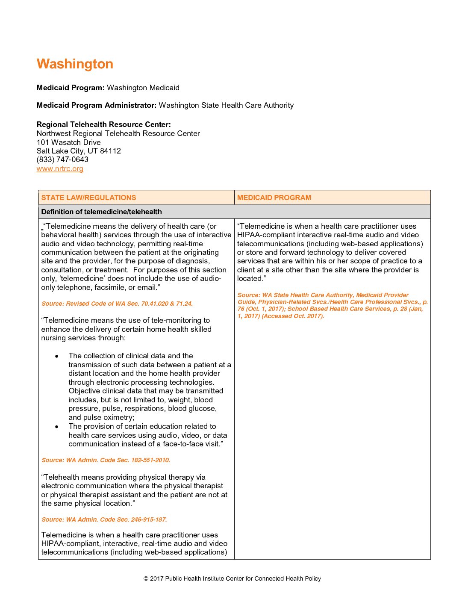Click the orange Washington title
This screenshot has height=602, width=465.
75,64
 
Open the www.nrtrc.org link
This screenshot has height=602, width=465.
60,168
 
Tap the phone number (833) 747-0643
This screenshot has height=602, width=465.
62,159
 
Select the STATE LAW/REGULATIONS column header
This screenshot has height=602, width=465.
88,198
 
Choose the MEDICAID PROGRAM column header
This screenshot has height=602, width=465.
274,198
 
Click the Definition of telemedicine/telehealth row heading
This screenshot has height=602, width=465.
101,212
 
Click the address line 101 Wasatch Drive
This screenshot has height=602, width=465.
69,142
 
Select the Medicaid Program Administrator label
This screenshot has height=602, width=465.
97,105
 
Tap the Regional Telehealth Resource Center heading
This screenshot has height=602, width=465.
103,124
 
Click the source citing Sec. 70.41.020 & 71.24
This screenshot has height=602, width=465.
117,304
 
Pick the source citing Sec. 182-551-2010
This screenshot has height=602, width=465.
106,460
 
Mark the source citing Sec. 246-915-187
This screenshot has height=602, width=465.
104,519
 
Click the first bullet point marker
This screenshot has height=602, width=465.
56,356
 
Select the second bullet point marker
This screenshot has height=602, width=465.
56,427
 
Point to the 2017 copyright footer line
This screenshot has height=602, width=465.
232,578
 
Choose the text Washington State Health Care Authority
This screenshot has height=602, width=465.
226,105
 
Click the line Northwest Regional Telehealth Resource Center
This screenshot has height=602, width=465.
118,133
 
